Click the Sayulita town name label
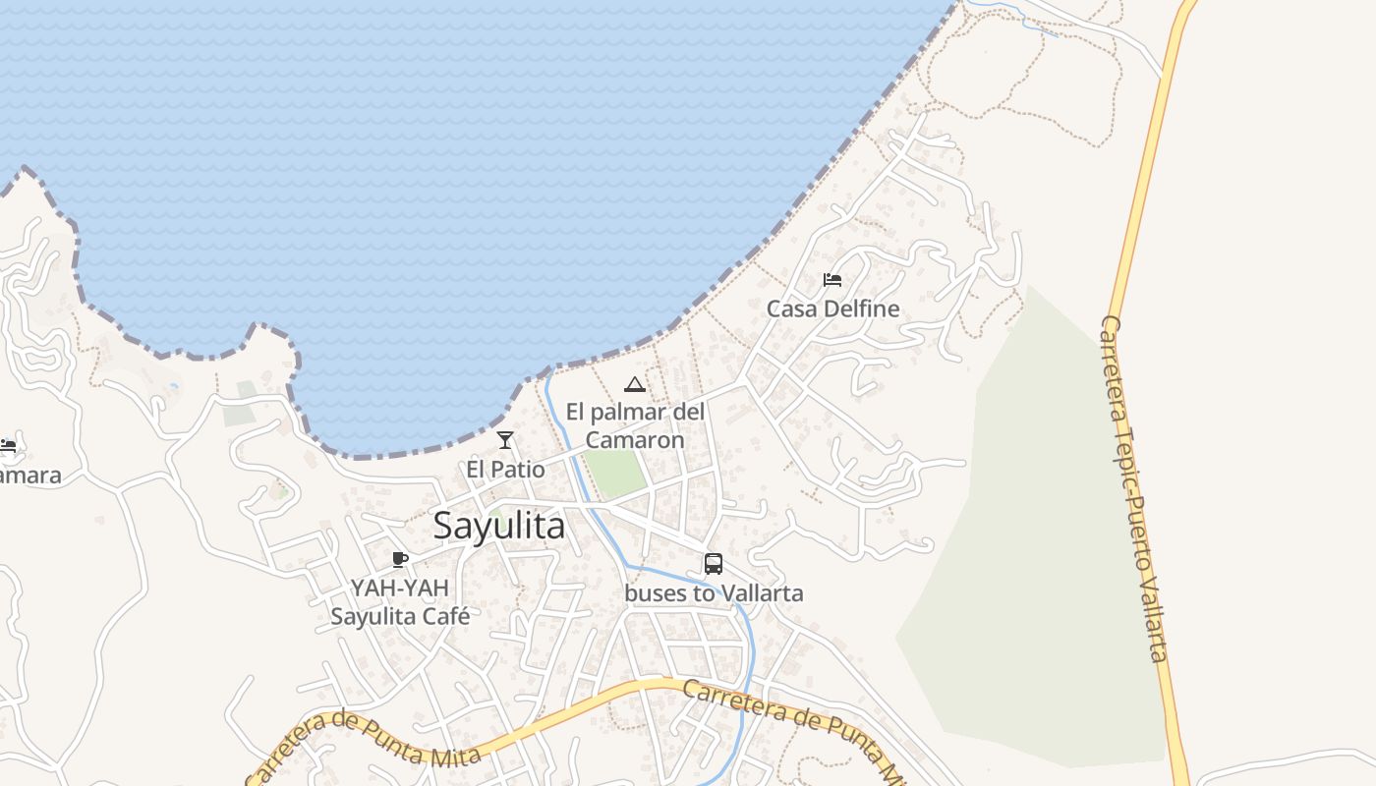(x=499, y=527)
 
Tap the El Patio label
(x=505, y=470)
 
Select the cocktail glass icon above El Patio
(x=505, y=440)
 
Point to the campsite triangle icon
(x=635, y=384)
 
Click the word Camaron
(x=635, y=439)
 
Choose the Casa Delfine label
(x=832, y=309)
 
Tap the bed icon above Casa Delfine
(x=832, y=279)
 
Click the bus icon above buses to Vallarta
(x=714, y=564)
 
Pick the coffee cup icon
(x=400, y=560)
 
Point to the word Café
(x=445, y=617)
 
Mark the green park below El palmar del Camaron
(x=616, y=473)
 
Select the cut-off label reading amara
(x=29, y=476)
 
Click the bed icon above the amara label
(x=8, y=446)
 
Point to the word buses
(x=655, y=593)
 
